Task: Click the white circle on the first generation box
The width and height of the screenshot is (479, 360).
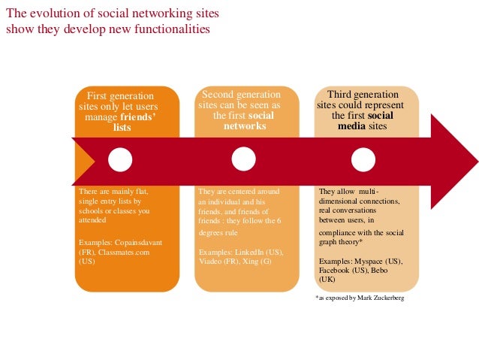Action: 120,159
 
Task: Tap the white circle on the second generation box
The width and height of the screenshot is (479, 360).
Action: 243,159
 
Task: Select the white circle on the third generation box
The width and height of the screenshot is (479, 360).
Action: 363,159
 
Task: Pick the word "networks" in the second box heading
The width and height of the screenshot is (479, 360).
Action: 245,126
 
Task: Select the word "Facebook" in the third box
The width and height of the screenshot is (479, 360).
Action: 336,269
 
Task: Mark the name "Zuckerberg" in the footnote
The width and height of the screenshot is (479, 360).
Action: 385,298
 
